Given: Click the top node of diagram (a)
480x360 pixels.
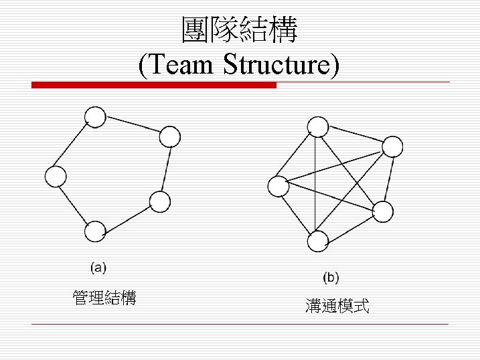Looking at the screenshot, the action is pos(96,118).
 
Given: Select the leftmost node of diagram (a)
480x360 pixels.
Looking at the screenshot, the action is pos(56,177).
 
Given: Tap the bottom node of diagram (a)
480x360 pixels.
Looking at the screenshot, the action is pos(95,232).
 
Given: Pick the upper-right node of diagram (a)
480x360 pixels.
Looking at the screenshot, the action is pos(170,137).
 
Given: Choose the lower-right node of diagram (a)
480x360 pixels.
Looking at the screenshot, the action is pos(160,201).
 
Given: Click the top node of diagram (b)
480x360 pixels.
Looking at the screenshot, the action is pos(317,126).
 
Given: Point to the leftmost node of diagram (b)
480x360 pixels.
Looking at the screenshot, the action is pos(278,186).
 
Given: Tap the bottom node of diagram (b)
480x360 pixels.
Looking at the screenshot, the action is pos(317,240).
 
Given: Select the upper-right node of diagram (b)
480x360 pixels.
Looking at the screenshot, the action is pos(392,146).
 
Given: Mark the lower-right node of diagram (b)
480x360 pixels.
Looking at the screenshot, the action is pos(383,211).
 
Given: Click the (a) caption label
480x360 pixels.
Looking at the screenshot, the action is pos(98,268).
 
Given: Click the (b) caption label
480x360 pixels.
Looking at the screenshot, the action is pos(331,277).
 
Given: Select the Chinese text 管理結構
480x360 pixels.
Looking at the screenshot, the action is pos(104,298).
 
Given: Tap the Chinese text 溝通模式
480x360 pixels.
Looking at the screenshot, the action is pos(337,307).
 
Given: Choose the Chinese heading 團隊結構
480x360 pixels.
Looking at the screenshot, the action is pos(240,30).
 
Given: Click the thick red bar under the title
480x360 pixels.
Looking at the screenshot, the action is pos(154,86).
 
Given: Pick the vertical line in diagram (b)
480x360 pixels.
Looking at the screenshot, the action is pos(315,184).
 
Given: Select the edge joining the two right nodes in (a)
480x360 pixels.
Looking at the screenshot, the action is pos(165,169).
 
